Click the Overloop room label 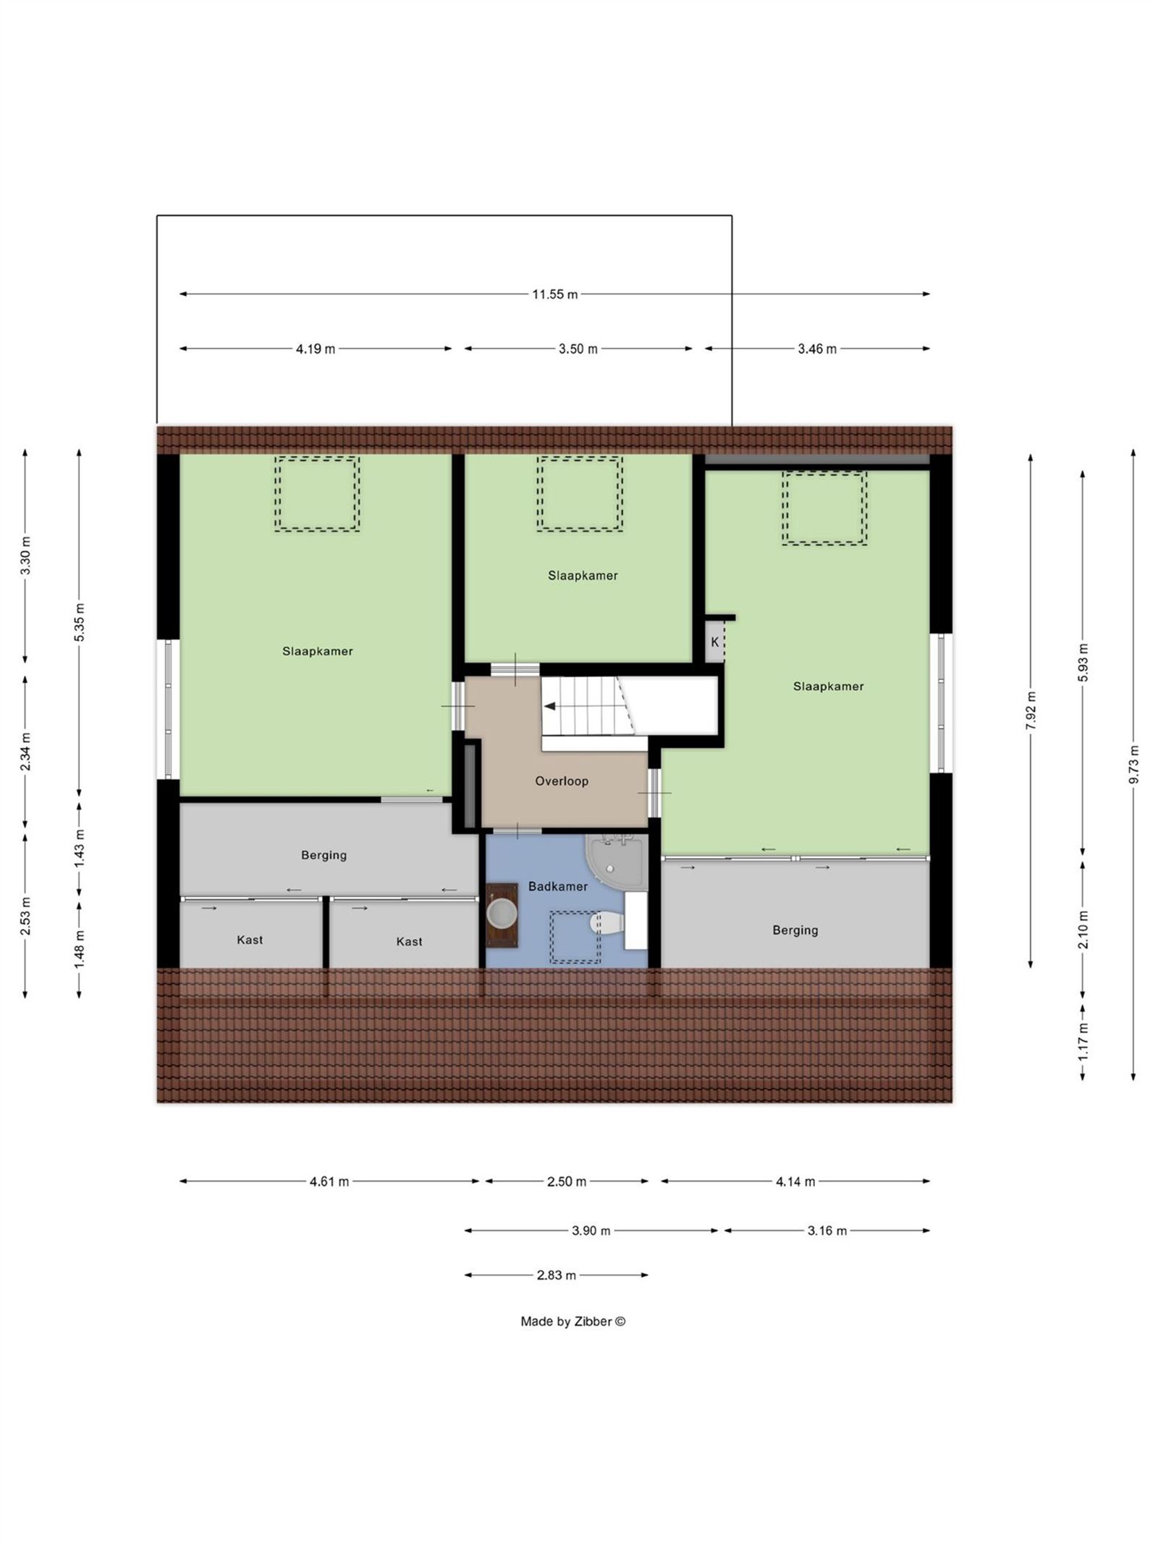coord(561,781)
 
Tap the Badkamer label coord(557,885)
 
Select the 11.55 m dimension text coord(554,294)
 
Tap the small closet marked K coord(714,642)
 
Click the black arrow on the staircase coord(550,706)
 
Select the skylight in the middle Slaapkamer coord(579,493)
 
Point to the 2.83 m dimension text coord(556,1275)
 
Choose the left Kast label coord(250,940)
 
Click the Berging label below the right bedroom coord(795,930)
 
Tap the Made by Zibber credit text coord(572,1321)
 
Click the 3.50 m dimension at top coord(578,349)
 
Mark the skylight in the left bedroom coord(317,493)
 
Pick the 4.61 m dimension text coord(329,1181)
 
